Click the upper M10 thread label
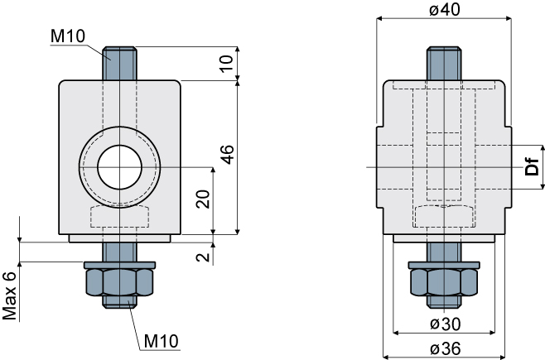[68, 36]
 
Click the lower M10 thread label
[162, 341]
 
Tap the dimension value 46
[228, 155]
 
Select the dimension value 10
[227, 63]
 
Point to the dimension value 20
[203, 199]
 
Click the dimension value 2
[203, 257]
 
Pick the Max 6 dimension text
[10, 295]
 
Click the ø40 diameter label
[444, 9]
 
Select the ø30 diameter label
[446, 324]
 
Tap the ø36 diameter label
[446, 348]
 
